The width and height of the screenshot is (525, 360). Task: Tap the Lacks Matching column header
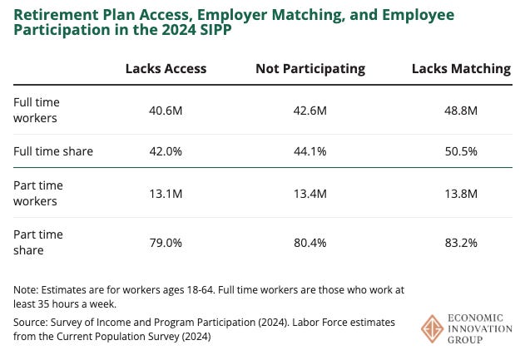(461, 69)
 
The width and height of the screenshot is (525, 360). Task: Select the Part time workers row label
(38, 193)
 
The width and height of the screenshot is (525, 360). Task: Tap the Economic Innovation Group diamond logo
(433, 328)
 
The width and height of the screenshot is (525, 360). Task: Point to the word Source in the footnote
(31, 322)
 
